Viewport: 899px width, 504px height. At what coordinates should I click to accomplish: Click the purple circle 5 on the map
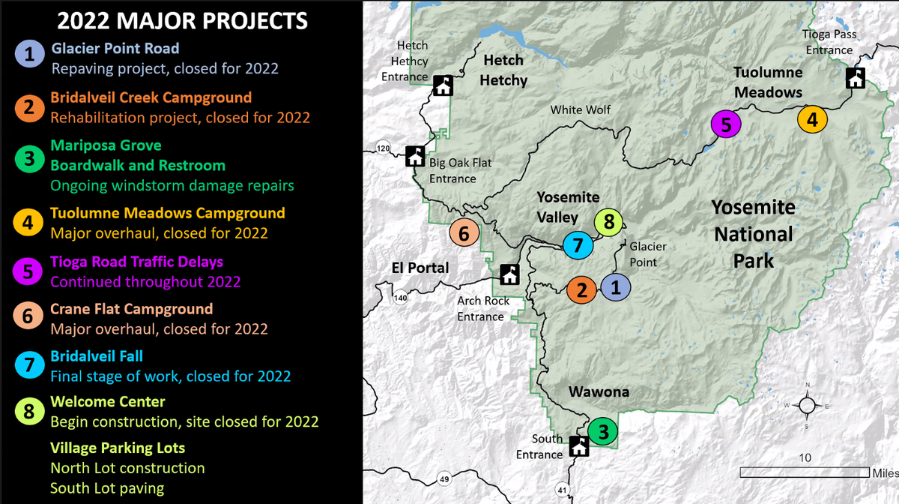725,124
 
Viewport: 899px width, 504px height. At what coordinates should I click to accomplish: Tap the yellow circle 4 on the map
812,118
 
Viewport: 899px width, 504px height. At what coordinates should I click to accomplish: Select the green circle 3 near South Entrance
602,431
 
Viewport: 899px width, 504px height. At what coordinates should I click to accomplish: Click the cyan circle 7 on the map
578,244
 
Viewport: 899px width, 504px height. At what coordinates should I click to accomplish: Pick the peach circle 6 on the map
464,233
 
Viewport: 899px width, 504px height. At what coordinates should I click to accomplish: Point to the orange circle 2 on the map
581,289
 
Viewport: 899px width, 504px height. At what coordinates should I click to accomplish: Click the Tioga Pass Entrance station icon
855,78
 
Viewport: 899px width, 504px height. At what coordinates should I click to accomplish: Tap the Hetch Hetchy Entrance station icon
443,85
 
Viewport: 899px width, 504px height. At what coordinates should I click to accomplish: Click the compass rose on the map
806,406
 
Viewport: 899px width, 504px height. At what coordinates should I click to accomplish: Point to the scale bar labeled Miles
804,472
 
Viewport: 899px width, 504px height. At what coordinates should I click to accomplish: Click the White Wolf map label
581,109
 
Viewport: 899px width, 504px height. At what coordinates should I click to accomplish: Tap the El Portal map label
420,268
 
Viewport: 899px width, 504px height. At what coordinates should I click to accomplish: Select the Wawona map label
599,392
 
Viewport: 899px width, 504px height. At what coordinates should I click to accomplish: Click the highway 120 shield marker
384,148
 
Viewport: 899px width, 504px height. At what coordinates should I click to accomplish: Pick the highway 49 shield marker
444,479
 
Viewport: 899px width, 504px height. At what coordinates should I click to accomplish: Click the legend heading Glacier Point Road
115,49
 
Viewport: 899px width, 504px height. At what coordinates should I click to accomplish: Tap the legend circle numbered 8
28,411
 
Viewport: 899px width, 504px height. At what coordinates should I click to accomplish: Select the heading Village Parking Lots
118,448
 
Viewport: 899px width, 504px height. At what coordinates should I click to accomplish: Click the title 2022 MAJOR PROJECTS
183,20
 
